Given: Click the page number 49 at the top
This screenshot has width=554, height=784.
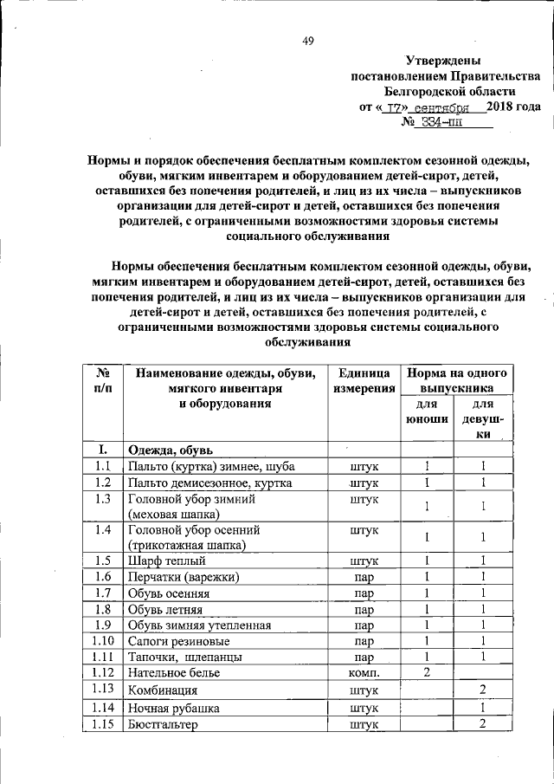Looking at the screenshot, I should pyautogui.click(x=307, y=40).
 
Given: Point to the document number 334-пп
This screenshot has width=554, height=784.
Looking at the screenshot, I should pyautogui.click(x=441, y=122).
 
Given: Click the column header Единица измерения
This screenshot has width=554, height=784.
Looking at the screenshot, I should pyautogui.click(x=364, y=381).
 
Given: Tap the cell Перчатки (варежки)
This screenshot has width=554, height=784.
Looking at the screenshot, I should pyautogui.click(x=183, y=577).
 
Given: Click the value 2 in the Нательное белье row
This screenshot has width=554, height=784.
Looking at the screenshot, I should pyautogui.click(x=427, y=672).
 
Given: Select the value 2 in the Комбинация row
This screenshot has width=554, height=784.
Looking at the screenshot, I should pyautogui.click(x=484, y=690).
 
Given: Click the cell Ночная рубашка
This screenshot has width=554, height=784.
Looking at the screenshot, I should pyautogui.click(x=173, y=708).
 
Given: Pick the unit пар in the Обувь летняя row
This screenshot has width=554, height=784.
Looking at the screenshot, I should pyautogui.click(x=364, y=609).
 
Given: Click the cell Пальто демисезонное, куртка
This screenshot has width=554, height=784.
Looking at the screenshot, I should pyautogui.click(x=209, y=483).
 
